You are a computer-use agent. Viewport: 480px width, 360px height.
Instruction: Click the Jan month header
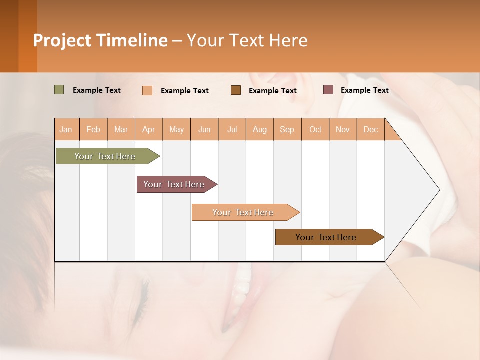66,129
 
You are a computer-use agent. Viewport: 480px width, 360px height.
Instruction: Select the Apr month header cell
149,129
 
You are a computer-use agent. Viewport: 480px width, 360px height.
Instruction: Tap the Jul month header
232,129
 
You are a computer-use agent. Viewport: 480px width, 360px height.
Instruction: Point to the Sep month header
287,129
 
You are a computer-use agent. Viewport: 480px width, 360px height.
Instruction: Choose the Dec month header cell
370,129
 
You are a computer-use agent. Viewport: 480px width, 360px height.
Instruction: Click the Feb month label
93,129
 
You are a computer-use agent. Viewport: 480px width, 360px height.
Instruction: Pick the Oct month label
315,129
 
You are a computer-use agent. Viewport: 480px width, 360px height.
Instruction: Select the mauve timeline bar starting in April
175,184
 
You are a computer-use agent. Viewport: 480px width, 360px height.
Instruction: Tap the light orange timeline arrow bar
244,212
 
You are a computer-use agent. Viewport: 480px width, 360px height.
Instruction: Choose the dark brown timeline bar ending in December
327,237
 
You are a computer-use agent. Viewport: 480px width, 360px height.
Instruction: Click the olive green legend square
59,90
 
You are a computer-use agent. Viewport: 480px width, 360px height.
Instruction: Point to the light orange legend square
147,90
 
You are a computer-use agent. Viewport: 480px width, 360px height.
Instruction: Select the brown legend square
236,90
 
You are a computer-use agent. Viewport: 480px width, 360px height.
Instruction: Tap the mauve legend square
328,90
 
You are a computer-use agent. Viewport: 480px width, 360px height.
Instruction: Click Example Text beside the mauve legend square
364,90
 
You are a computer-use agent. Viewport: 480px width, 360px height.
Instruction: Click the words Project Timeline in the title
100,40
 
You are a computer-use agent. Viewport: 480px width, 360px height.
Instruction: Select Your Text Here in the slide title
247,40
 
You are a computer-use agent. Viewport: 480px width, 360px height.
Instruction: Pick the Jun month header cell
204,129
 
